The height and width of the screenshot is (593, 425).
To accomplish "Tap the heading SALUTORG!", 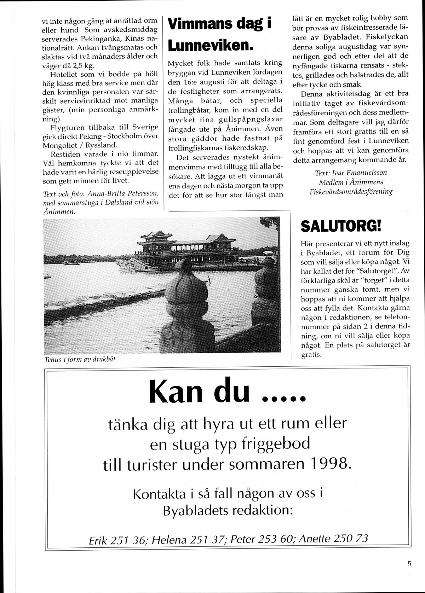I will click(340, 226).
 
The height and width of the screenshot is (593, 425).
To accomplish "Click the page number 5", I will click(409, 564).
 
